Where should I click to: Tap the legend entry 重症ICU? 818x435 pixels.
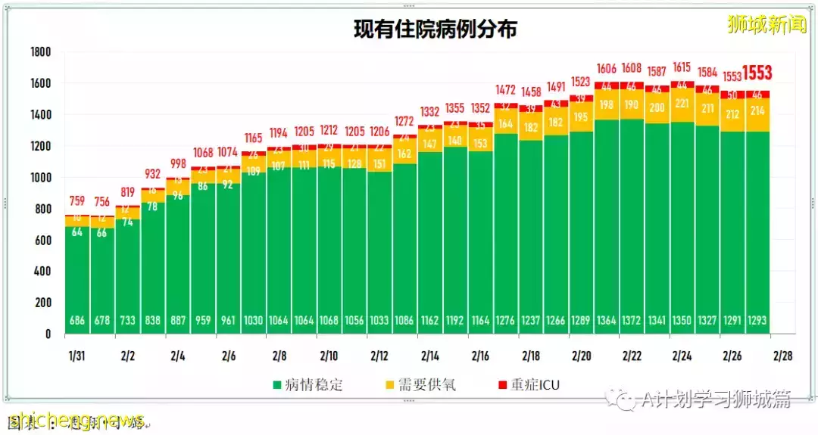tap(535, 385)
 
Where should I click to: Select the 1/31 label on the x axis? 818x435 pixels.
tap(77, 354)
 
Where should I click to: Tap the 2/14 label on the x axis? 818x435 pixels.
tap(430, 354)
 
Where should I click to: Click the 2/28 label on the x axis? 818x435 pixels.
tap(783, 354)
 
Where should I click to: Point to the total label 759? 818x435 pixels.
tap(77, 202)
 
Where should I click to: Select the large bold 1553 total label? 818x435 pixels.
tap(757, 73)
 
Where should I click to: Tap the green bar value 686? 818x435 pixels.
tap(77, 320)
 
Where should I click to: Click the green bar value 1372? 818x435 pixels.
tap(632, 320)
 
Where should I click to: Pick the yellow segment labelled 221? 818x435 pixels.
tap(682, 104)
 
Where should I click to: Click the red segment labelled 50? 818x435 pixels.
tap(732, 95)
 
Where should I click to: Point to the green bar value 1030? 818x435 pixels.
tap(254, 320)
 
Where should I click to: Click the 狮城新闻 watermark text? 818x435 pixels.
tap(766, 24)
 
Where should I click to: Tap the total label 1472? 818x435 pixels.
tap(506, 90)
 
